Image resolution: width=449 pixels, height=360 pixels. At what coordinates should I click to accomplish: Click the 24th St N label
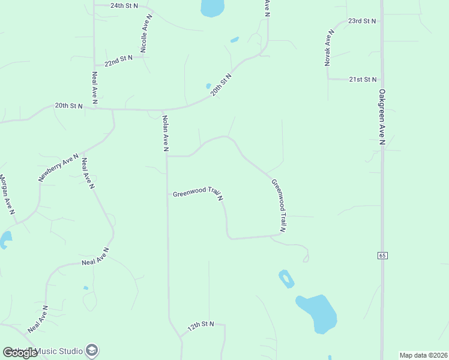point(124,5)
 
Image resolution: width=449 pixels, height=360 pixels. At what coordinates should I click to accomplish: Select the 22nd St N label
point(118,62)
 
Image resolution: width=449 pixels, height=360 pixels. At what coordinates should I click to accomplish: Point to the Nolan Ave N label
point(165,133)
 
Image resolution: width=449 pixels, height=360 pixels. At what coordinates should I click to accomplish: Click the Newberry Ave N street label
point(59,167)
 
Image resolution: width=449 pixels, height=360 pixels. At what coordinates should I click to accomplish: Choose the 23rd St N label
point(363,21)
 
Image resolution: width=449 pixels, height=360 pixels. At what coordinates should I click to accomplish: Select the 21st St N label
point(363,79)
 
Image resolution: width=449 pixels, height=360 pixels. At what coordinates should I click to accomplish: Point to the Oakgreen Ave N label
point(382,118)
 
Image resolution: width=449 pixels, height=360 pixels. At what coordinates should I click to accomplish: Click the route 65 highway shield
point(382,256)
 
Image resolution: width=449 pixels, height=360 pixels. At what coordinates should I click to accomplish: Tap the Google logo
point(20,353)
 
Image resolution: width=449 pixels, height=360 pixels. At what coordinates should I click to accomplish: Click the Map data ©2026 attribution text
point(423,355)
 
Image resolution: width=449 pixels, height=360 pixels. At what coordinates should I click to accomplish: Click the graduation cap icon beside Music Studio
point(92,350)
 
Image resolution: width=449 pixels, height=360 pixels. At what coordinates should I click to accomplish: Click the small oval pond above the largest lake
point(286,278)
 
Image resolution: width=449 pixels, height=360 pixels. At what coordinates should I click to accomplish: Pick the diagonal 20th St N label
point(221,85)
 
